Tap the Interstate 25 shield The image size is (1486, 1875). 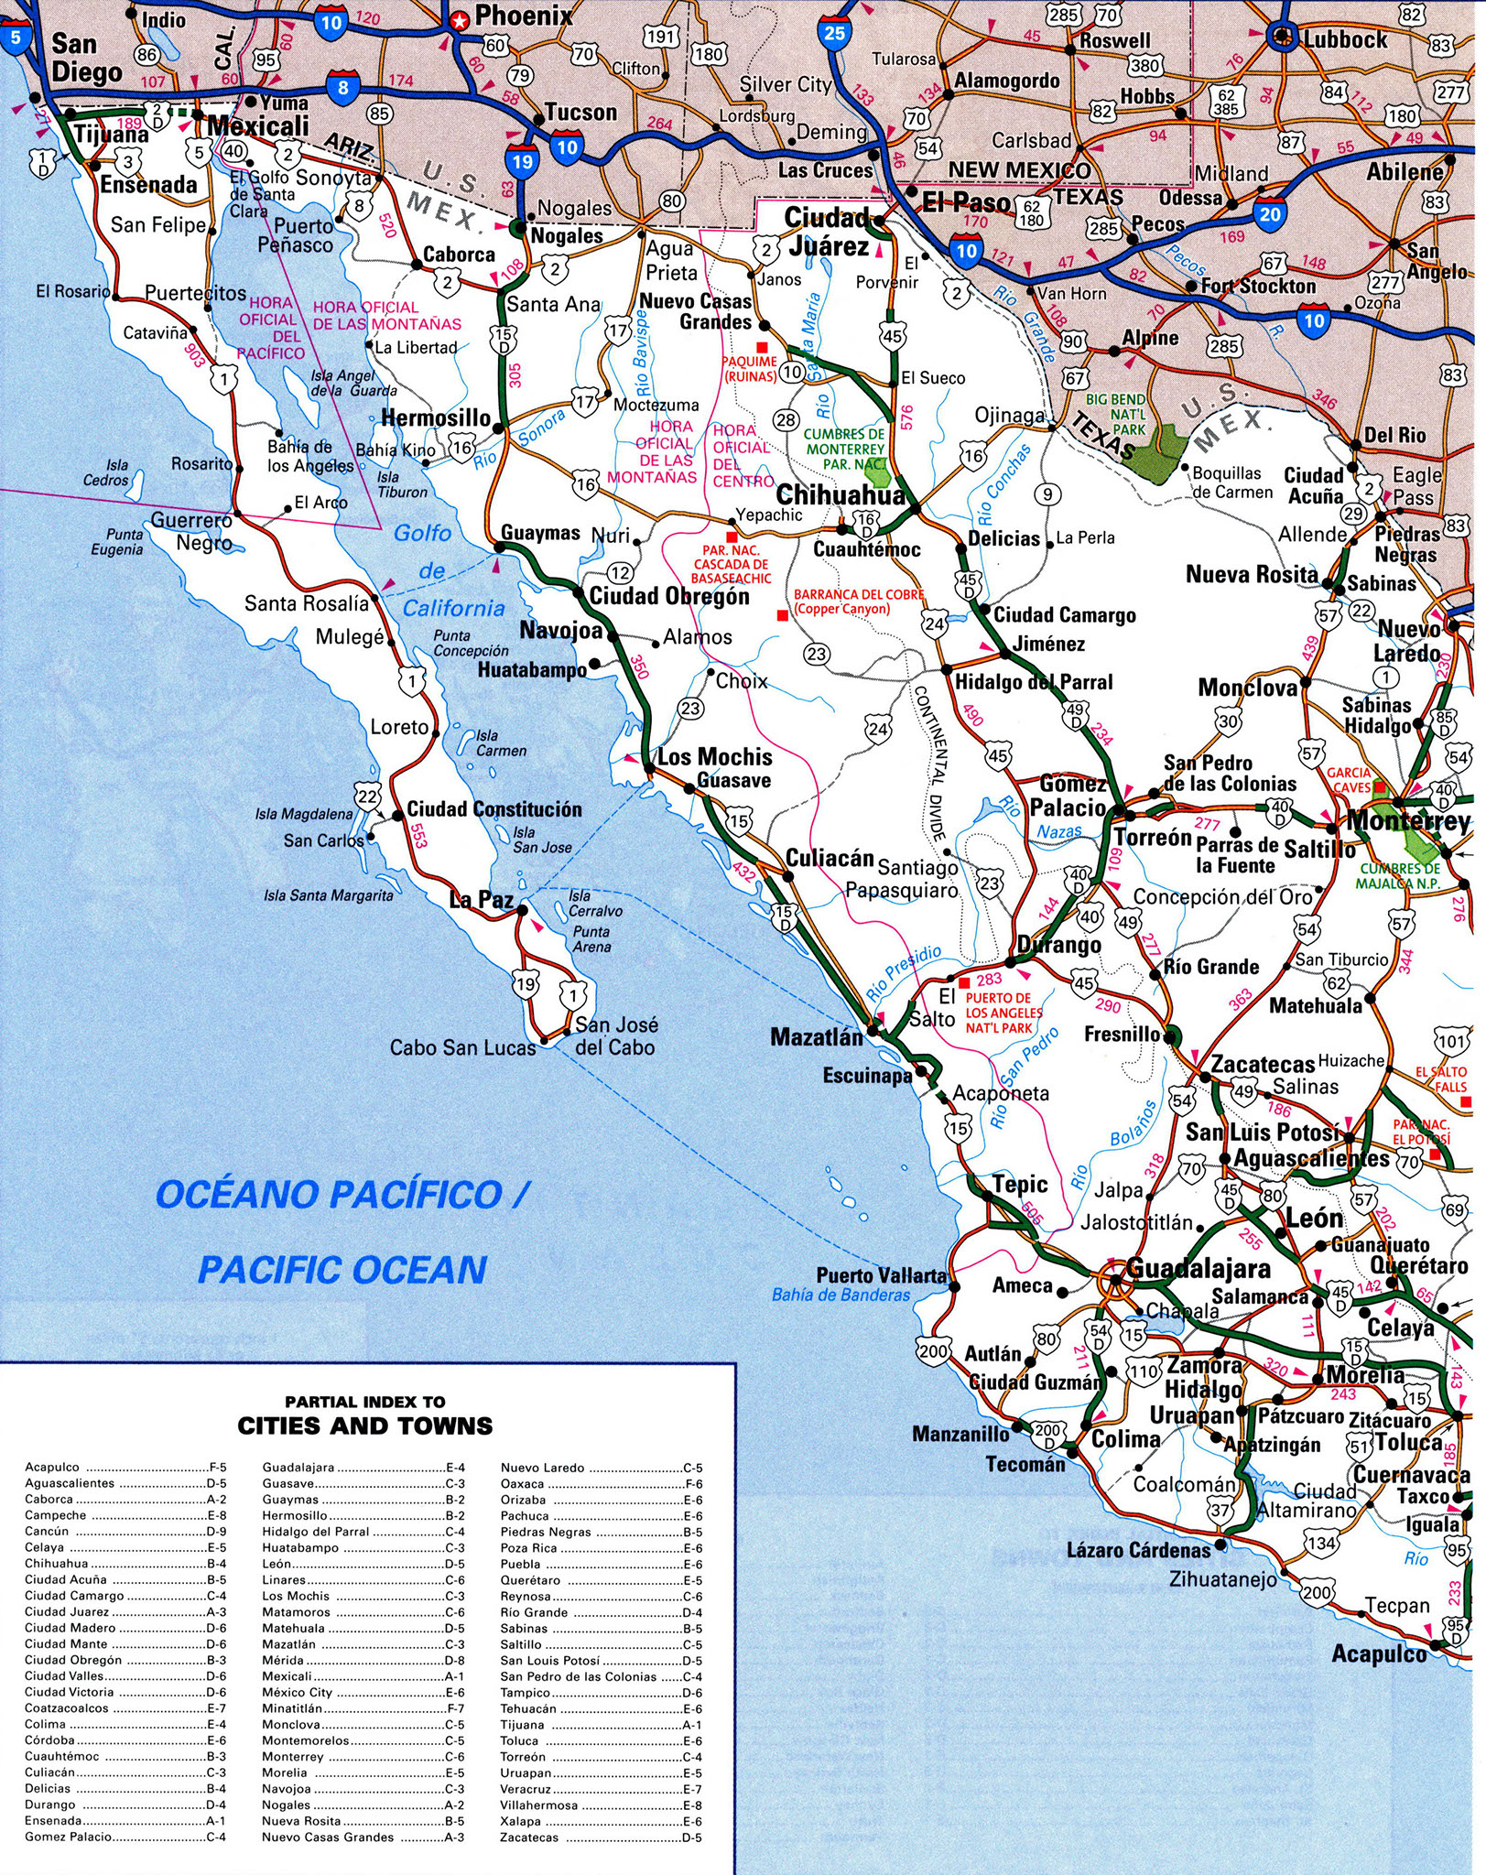[833, 33]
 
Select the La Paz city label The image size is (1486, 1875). [482, 900]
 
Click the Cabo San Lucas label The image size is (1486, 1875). [462, 1047]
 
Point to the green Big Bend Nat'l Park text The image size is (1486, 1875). [1115, 415]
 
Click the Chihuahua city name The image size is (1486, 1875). [840, 495]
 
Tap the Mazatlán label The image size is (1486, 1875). [817, 1037]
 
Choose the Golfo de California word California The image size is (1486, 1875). [454, 609]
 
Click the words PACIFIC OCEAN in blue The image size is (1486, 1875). [342, 1270]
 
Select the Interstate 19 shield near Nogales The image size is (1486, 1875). [521, 162]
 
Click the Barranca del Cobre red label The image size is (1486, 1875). [858, 602]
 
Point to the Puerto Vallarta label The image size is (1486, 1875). [881, 1275]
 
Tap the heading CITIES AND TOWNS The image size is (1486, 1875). [364, 1425]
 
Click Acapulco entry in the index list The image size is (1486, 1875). [52, 1467]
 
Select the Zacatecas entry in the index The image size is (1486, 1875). [528, 1837]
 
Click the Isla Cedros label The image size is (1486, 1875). [106, 472]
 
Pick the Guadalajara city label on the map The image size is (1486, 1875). [1198, 1269]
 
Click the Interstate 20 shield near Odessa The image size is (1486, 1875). [1270, 214]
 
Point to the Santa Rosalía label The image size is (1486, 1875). [306, 603]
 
